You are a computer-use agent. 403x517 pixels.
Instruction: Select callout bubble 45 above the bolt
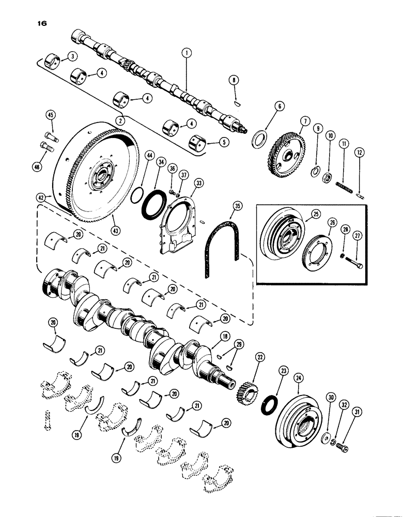[x=51, y=114]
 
